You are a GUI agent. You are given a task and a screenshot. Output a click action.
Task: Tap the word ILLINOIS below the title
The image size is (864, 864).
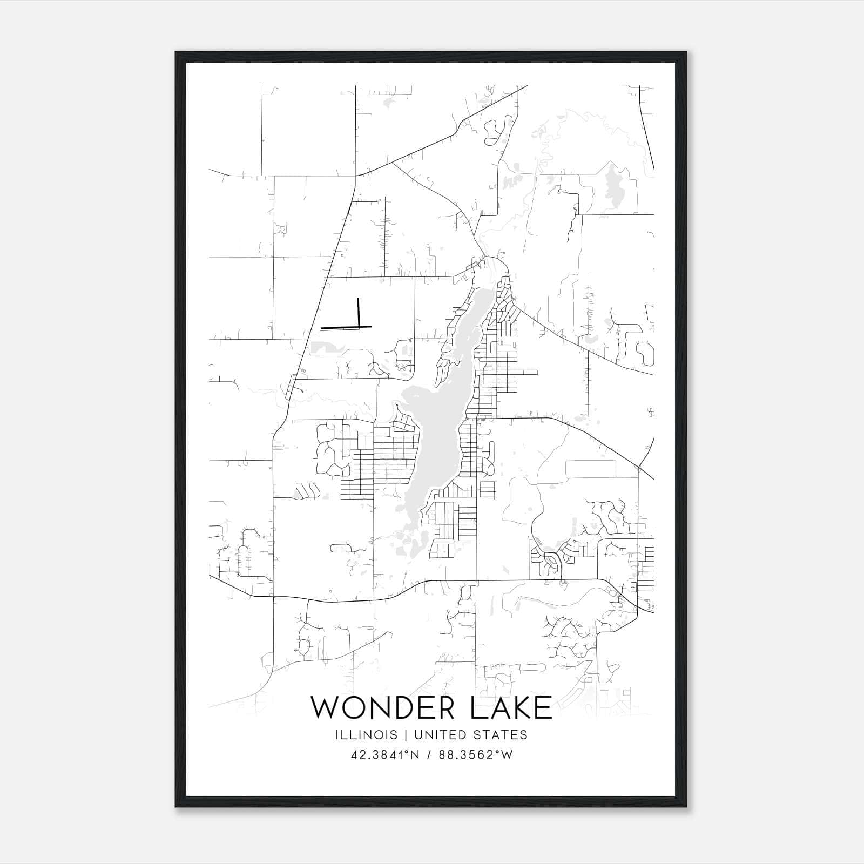366,735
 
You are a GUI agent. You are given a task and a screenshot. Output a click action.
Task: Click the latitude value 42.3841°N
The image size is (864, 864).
384,755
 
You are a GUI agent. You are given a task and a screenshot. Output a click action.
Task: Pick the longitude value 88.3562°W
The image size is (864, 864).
475,755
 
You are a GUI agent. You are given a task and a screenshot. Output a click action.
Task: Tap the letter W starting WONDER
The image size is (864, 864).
325,708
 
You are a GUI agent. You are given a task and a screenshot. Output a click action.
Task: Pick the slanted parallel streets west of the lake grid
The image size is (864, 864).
307,490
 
